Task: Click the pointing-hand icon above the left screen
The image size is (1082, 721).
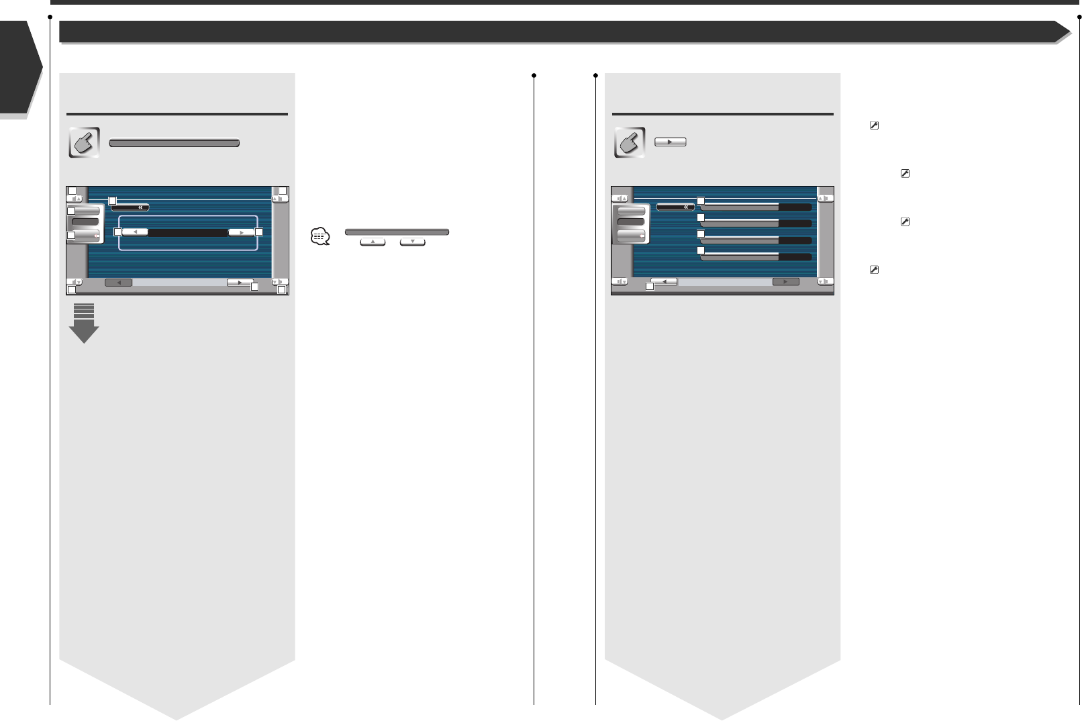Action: [84, 142]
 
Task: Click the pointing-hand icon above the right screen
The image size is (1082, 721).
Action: [630, 142]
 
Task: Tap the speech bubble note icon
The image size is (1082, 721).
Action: [320, 236]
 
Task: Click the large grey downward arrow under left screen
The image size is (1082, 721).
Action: [84, 324]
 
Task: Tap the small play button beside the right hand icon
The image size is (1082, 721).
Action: [670, 142]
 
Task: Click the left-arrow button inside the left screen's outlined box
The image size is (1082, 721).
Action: [135, 232]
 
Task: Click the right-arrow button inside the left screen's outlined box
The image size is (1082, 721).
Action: [241, 232]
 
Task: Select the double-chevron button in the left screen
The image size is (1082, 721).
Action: [130, 207]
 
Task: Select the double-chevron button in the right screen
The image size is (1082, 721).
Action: [675, 207]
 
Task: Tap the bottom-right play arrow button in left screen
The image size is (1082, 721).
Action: [240, 283]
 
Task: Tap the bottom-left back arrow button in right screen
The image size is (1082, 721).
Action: [664, 282]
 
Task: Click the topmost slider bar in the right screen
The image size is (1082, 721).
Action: [756, 207]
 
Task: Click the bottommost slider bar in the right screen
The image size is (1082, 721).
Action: [756, 256]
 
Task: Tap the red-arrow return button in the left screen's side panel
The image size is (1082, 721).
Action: [86, 236]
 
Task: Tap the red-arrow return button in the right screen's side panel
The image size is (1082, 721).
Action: [631, 236]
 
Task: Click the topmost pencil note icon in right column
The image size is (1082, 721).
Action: [874, 126]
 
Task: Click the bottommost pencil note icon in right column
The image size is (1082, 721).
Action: [874, 270]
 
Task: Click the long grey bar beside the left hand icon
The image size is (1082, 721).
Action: [174, 143]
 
